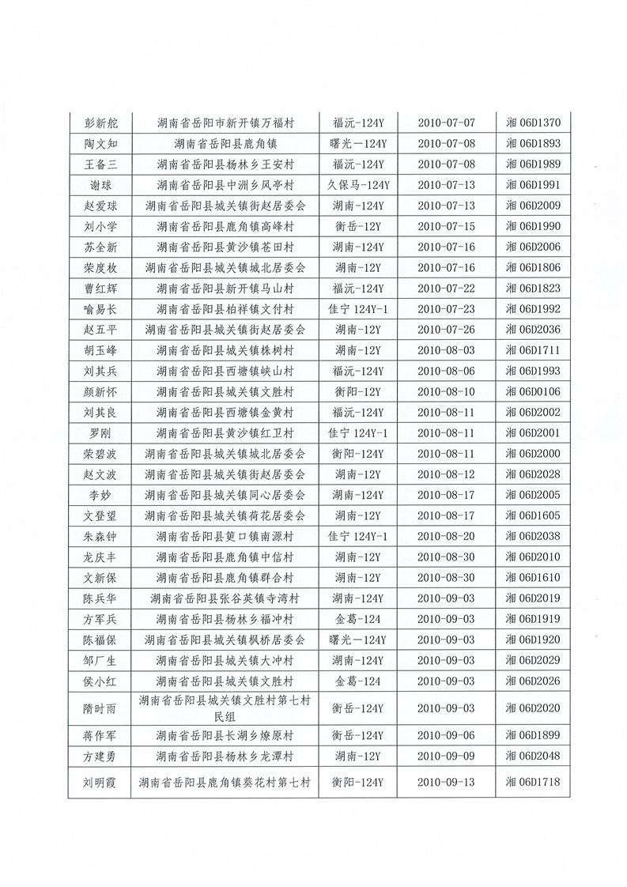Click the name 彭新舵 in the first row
(100, 123)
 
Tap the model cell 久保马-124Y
(357, 184)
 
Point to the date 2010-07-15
(446, 226)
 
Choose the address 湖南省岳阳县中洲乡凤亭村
(225, 184)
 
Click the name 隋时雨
(100, 708)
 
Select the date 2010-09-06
(446, 735)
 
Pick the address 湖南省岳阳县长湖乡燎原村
(225, 735)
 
